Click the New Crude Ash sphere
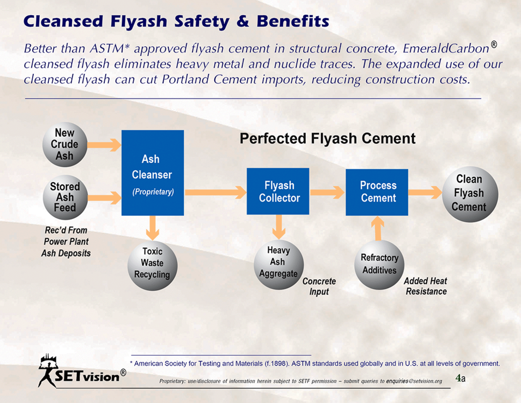[x=65, y=145]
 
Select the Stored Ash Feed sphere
[x=66, y=197]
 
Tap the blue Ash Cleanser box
[x=153, y=173]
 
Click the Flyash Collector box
[x=278, y=191]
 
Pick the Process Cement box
[x=377, y=192]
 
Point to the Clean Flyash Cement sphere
[x=470, y=194]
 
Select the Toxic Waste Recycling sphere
[x=153, y=265]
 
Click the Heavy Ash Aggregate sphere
[x=279, y=264]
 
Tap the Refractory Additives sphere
[x=379, y=265]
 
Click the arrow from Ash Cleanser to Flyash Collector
[x=215, y=192]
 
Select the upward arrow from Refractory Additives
[x=378, y=228]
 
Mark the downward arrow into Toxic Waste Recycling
[x=153, y=228]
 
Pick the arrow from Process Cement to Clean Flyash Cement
[x=425, y=192]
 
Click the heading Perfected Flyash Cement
[x=328, y=138]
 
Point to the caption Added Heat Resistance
[x=426, y=286]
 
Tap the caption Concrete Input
[x=319, y=287]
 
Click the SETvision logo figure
[x=48, y=370]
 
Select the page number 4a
[x=461, y=378]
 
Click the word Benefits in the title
[x=293, y=21]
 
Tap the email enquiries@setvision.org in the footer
[x=414, y=381]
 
